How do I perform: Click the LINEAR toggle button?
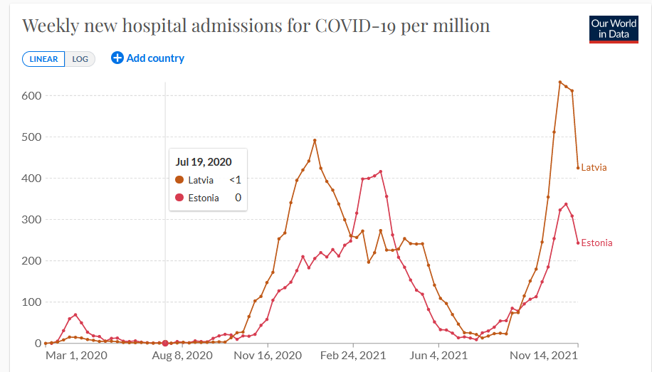(43, 59)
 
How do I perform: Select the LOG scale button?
(80, 59)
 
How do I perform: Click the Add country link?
(147, 58)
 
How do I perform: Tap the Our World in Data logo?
(614, 29)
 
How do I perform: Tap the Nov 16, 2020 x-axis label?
(267, 354)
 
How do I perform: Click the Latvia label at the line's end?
(594, 168)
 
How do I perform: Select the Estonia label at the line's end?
(596, 243)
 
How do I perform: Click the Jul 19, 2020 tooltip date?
(204, 162)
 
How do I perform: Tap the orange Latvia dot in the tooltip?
(179, 180)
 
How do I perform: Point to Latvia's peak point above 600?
(560, 82)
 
